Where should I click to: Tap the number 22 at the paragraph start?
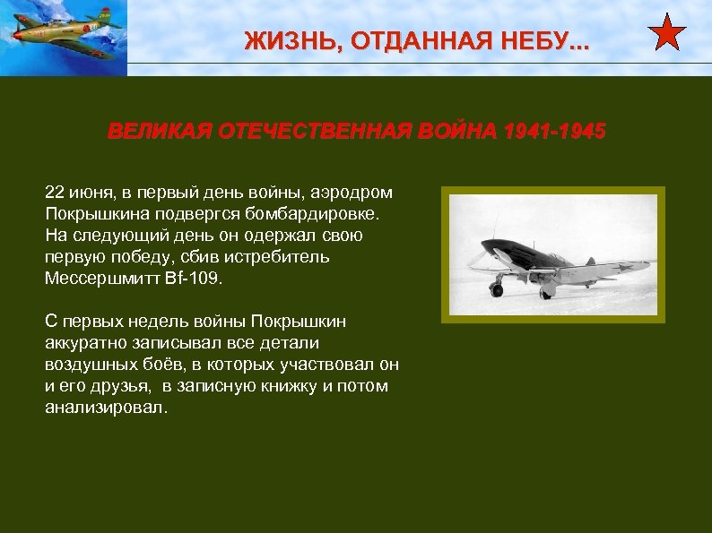pos(55,193)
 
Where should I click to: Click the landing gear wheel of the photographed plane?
pos(497,290)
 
